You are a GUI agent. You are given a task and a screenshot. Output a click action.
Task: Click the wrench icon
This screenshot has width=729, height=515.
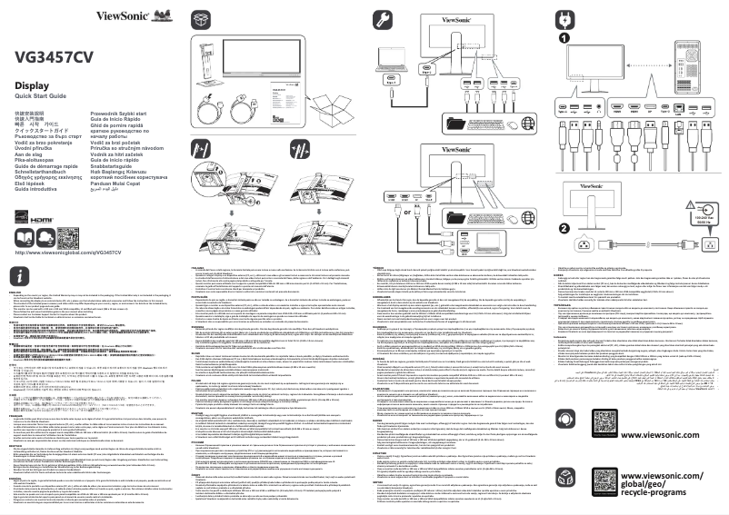click(381, 20)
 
